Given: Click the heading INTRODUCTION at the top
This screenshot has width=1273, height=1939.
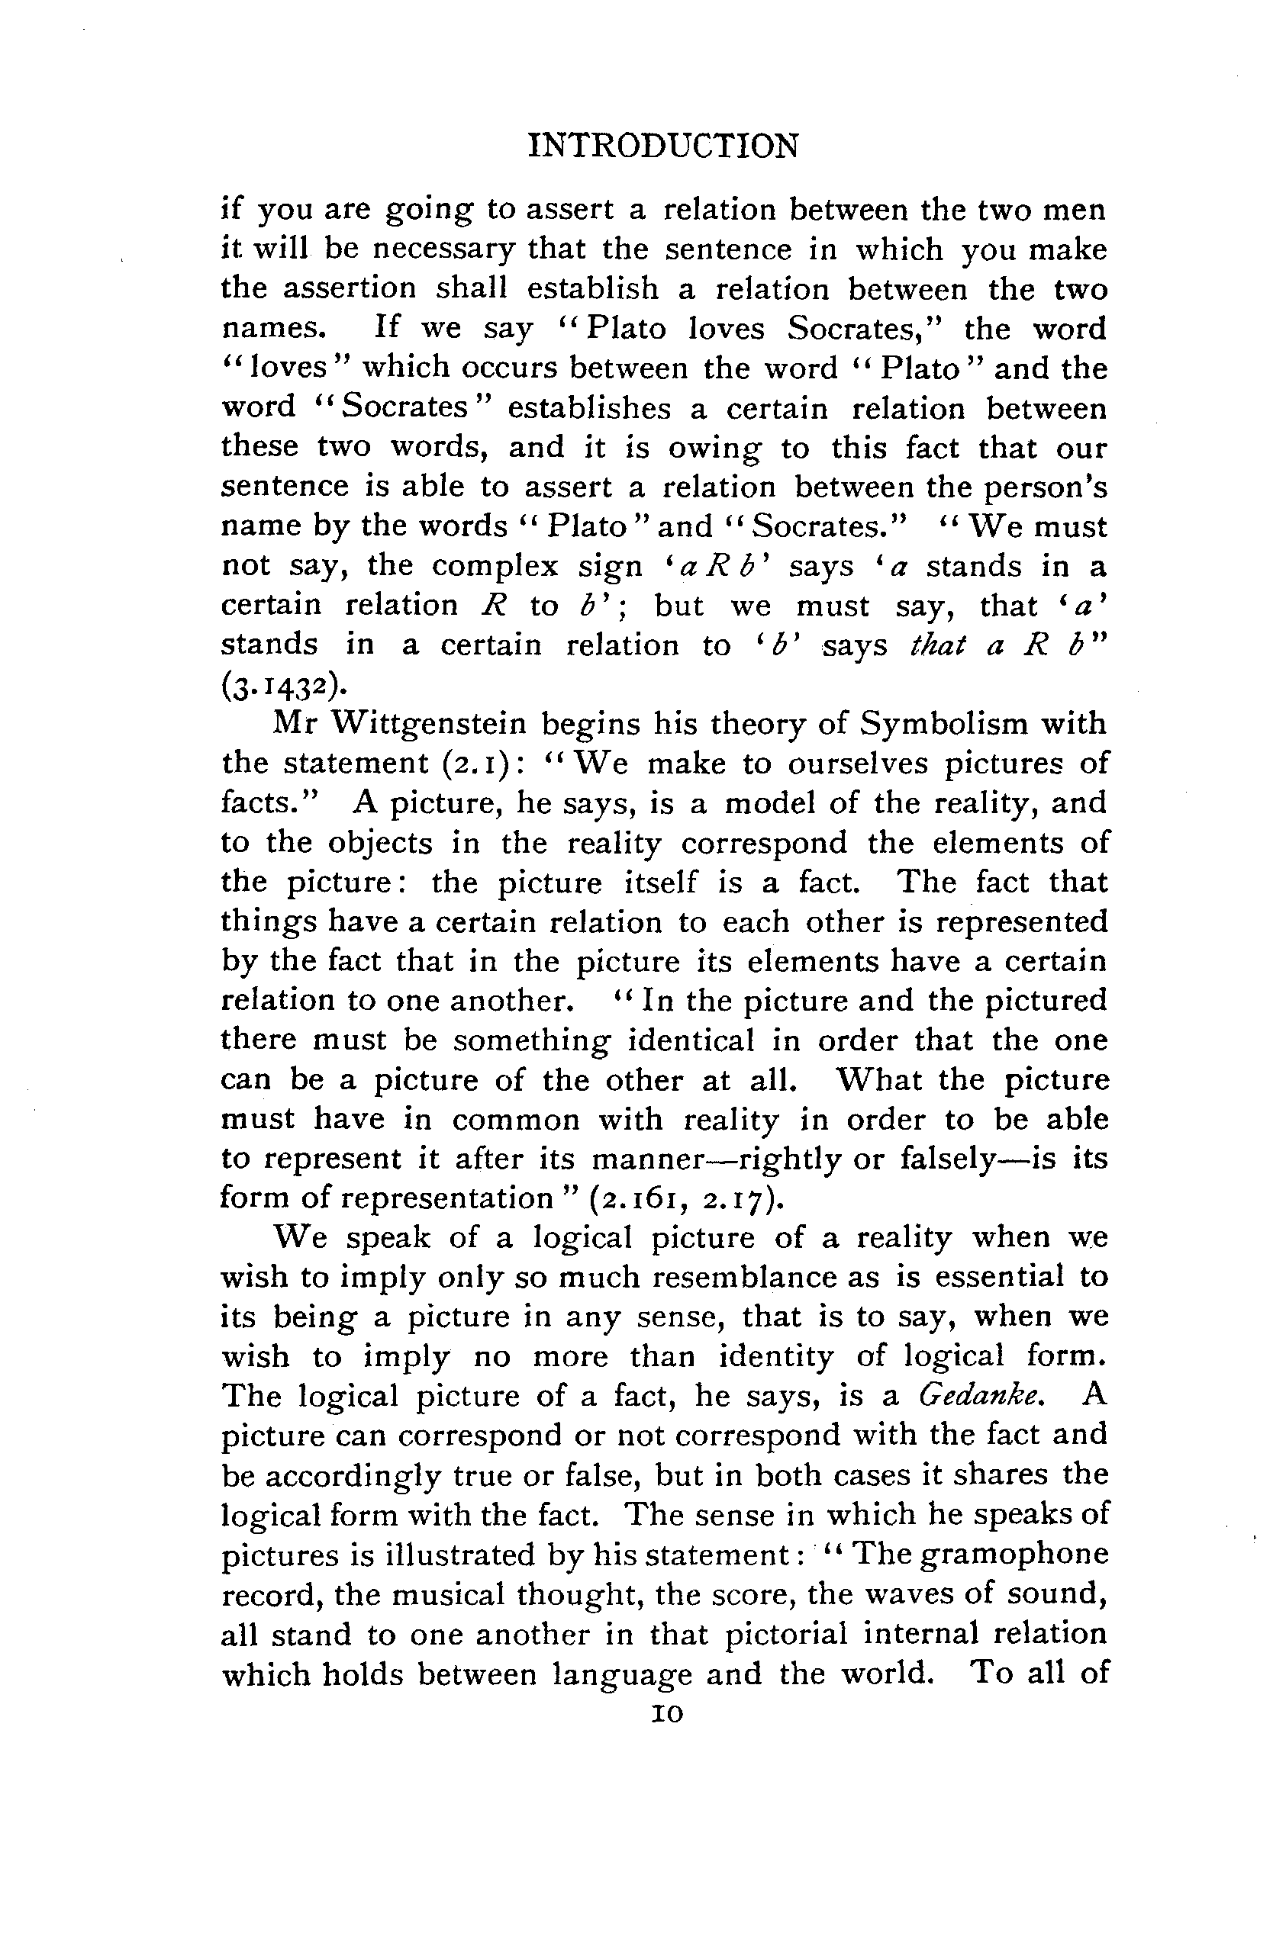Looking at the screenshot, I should click(x=663, y=147).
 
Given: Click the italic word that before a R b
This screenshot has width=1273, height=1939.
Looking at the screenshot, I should click(x=937, y=645).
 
